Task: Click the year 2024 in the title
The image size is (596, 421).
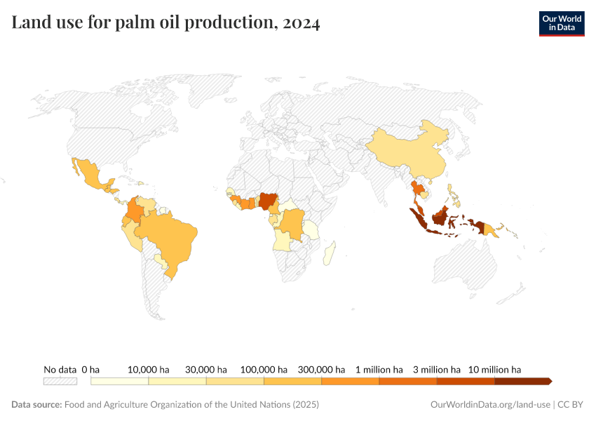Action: click(x=301, y=23)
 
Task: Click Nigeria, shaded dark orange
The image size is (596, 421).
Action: click(x=268, y=201)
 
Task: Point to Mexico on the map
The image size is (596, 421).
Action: click(x=92, y=175)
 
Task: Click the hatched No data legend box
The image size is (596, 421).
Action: click(x=60, y=382)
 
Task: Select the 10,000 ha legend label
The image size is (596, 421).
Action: click(x=149, y=369)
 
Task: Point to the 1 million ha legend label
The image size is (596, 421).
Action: click(x=379, y=369)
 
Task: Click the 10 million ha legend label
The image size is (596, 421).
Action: click(x=494, y=369)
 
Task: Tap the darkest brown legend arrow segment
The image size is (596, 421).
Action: click(x=522, y=382)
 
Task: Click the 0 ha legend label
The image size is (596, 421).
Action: click(x=91, y=369)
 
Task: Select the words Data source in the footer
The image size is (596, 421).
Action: click(x=36, y=405)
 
